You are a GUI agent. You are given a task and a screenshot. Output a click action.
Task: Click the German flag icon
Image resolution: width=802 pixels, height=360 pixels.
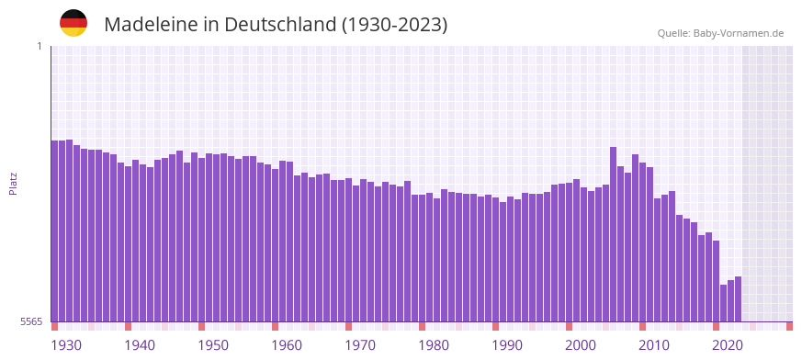73,24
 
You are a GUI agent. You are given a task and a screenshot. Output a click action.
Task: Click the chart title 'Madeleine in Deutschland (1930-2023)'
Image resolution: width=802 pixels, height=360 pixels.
276,25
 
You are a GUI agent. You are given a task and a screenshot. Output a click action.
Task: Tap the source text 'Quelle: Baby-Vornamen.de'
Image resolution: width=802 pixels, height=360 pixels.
720,34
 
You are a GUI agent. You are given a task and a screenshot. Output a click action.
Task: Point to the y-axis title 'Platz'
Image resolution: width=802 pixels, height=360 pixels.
13,183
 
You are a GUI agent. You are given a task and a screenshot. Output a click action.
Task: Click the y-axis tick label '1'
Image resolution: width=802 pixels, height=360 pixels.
40,46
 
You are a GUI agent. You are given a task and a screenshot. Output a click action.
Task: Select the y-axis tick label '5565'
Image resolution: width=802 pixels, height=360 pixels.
31,321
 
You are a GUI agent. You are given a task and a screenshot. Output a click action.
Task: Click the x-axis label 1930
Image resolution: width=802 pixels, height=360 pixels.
66,345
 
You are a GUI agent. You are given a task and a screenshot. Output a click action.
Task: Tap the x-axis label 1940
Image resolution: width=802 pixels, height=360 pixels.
140,345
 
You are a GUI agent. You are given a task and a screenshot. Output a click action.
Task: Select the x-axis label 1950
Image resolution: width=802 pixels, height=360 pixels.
213,345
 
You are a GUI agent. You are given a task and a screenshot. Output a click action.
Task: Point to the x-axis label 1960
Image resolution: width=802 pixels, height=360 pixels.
287,345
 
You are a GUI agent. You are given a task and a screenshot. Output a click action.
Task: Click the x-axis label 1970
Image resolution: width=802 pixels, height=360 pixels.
360,345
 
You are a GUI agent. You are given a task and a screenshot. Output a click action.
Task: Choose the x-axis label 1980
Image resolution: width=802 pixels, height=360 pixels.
434,345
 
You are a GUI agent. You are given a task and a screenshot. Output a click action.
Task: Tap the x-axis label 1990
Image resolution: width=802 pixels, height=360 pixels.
507,345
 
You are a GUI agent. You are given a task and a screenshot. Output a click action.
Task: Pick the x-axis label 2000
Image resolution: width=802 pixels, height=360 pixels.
581,345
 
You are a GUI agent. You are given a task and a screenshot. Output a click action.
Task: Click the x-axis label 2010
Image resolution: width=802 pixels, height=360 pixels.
654,345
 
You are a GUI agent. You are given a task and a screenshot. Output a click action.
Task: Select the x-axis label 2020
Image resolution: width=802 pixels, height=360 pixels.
728,345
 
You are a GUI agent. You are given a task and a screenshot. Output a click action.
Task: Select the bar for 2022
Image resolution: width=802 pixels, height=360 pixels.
738,298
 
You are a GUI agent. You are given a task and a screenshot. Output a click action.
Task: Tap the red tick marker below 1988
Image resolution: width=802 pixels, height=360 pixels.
495,326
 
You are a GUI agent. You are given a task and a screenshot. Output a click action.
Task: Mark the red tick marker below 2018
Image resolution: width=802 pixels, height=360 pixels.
716,326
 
